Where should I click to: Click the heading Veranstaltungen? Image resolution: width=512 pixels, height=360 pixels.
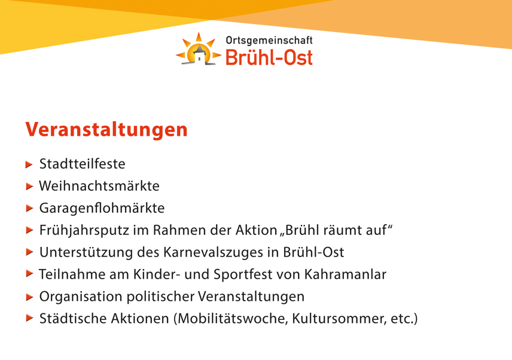106,130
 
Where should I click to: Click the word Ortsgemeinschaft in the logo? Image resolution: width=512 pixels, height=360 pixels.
269,40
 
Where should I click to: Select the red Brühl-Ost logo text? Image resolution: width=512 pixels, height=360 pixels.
269,57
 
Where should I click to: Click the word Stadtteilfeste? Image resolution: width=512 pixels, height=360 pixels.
83,164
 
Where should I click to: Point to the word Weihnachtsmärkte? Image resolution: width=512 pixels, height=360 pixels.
99,186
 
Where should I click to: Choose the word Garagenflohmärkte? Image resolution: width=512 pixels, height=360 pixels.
102,208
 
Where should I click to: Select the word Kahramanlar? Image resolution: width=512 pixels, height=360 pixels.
345,274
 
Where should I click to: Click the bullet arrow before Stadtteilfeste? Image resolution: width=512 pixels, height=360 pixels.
29,164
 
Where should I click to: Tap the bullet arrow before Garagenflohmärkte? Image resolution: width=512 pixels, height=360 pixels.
29,208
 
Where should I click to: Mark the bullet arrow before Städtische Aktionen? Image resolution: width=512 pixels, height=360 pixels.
29,318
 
